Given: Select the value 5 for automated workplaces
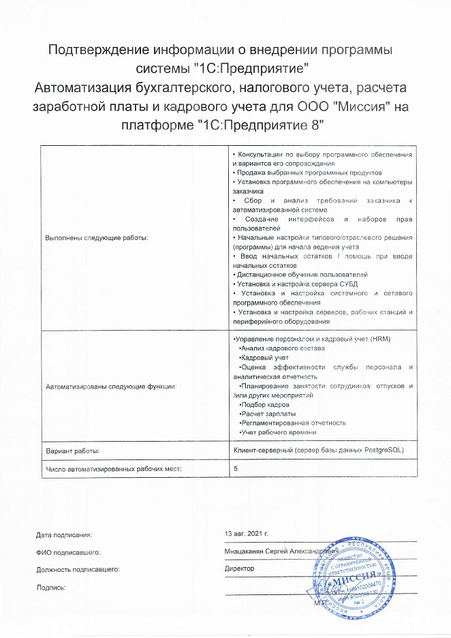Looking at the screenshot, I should pos(236,469).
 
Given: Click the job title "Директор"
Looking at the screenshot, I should pos(239,567).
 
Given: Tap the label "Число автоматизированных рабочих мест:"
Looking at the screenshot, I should pos(114,469).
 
